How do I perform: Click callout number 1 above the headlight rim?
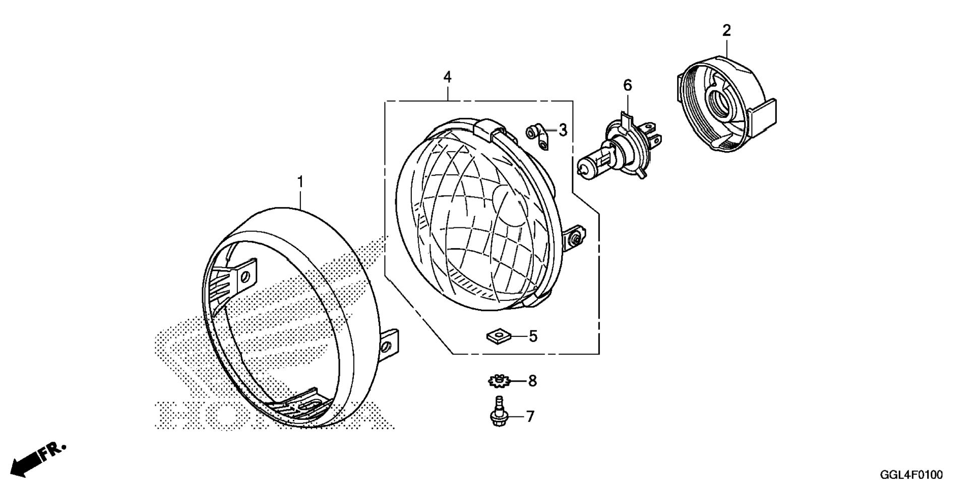[x=300, y=182]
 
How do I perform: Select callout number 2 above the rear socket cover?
[x=726, y=31]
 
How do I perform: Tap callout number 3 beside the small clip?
[x=563, y=130]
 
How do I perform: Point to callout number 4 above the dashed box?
[x=447, y=77]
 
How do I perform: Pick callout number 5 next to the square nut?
[x=533, y=336]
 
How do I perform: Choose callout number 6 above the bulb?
[x=627, y=85]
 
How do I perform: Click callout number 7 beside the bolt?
[x=530, y=416]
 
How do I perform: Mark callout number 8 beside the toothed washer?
[x=532, y=381]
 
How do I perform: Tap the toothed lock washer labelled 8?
[x=499, y=381]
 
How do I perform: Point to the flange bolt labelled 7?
[x=499, y=413]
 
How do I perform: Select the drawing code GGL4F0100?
[x=911, y=475]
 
